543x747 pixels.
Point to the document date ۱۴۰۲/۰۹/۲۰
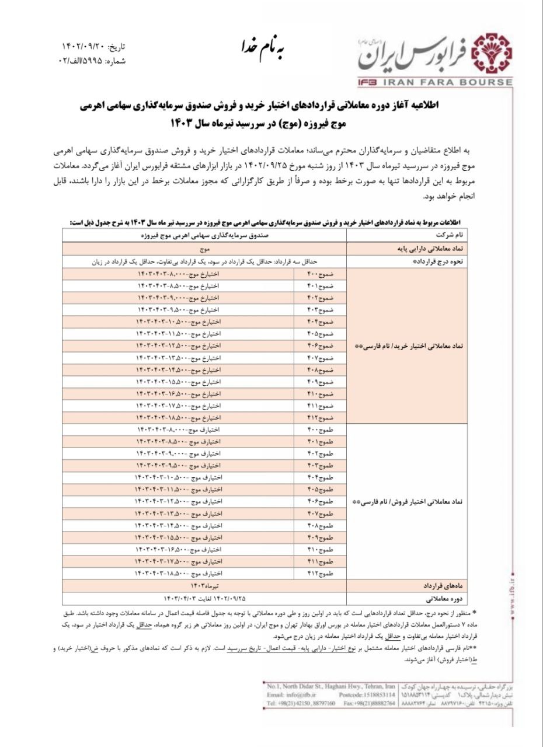(84, 46)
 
